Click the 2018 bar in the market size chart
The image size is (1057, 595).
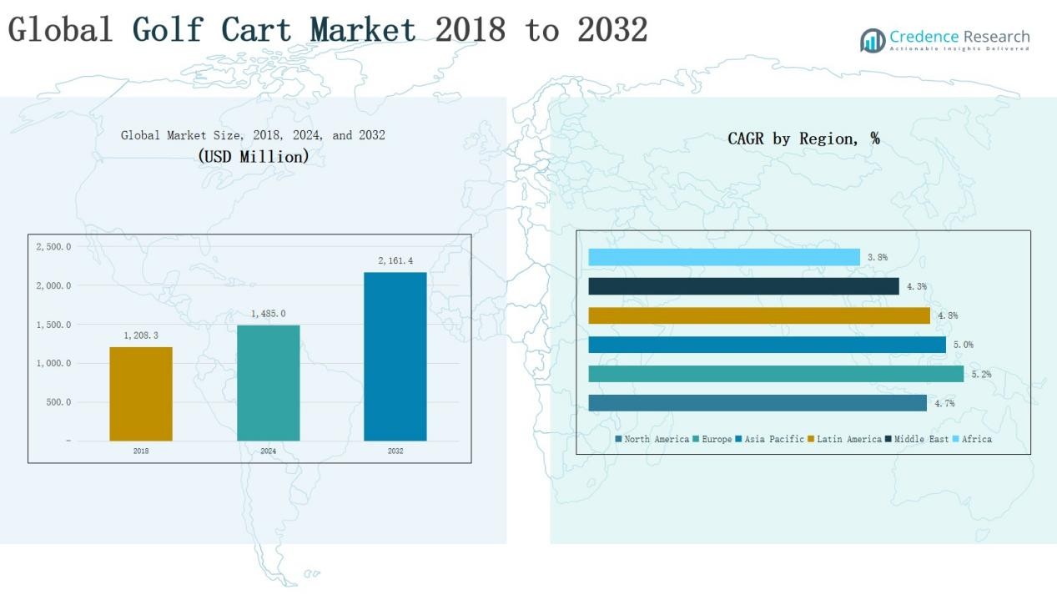tap(141, 394)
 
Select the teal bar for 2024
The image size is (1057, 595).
tap(268, 383)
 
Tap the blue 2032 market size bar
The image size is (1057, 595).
tap(395, 356)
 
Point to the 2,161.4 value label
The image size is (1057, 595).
tap(395, 261)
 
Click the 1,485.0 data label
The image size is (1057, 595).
tap(268, 314)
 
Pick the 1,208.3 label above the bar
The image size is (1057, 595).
tap(141, 335)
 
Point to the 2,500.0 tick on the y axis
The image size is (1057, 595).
tap(53, 247)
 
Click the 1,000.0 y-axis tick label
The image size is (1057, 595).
tap(53, 364)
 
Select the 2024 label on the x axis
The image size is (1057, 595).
tap(268, 451)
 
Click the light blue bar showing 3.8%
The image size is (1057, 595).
tap(724, 257)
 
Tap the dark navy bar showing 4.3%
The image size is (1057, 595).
tap(743, 286)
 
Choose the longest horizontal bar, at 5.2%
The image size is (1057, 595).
tap(776, 374)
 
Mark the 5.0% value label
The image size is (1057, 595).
tap(964, 345)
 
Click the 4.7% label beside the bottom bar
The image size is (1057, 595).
tap(944, 404)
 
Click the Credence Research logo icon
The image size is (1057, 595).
tap(873, 40)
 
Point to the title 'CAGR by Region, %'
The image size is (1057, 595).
tap(803, 139)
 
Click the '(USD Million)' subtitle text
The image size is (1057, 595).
tap(254, 156)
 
